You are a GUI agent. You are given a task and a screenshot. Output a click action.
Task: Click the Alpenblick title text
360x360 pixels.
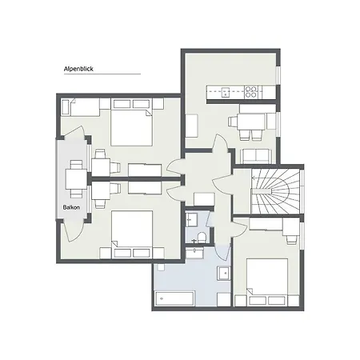point(78,69)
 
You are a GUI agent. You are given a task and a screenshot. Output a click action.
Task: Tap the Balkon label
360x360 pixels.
point(71,207)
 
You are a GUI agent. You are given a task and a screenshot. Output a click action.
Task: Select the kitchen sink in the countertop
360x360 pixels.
point(226,92)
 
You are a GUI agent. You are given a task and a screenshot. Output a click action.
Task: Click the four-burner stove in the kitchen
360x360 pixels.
point(251,91)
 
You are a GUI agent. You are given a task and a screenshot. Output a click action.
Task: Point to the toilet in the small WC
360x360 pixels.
point(202,237)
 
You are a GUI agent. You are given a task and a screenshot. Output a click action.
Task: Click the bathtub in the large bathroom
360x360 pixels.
point(174,299)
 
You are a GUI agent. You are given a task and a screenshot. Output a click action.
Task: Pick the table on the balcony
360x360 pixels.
point(76,179)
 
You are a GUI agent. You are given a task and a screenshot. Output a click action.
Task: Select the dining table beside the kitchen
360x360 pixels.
point(251,122)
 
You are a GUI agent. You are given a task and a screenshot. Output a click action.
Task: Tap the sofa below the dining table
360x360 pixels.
point(256,156)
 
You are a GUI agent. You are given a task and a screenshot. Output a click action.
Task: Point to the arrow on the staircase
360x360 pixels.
point(260,178)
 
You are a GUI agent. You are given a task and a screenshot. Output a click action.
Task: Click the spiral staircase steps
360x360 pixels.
point(275,191)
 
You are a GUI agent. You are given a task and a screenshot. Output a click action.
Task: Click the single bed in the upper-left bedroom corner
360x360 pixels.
point(80,107)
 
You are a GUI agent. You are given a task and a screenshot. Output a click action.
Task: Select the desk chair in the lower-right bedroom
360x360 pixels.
point(291,239)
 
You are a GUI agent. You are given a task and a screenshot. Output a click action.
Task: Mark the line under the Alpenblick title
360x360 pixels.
point(102,74)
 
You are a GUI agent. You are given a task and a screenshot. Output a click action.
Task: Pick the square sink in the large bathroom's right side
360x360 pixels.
point(224,273)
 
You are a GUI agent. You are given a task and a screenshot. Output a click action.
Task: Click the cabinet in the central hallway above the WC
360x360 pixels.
point(204,199)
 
